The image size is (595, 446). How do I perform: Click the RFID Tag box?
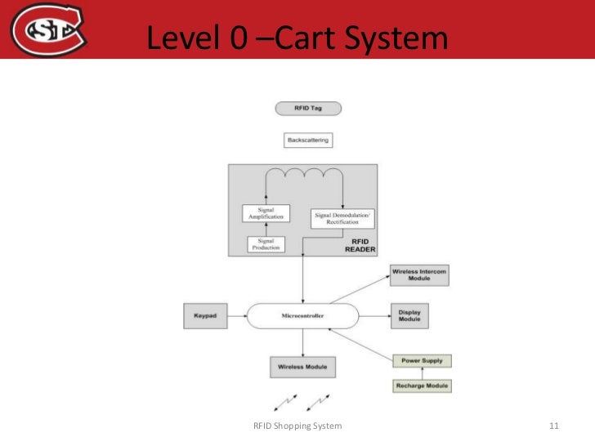click(x=307, y=109)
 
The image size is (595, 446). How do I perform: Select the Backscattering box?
click(x=308, y=140)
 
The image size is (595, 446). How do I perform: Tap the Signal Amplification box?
click(x=266, y=212)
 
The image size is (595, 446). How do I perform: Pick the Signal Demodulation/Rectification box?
click(x=342, y=218)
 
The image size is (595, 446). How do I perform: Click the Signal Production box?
click(x=266, y=244)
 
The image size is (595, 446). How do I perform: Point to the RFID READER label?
click(x=360, y=246)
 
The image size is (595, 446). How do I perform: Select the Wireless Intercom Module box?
click(x=419, y=275)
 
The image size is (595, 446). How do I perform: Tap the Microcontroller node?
click(x=302, y=315)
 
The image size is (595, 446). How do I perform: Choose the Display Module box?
click(x=409, y=315)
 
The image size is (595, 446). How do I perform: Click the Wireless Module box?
click(x=302, y=367)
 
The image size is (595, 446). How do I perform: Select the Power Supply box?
click(x=422, y=360)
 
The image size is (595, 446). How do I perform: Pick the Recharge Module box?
click(x=422, y=386)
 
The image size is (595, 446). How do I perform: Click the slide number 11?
click(x=553, y=426)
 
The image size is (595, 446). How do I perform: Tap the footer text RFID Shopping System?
click(x=297, y=426)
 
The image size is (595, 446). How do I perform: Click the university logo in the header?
click(x=48, y=29)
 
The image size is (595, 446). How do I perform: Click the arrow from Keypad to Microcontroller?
click(x=237, y=315)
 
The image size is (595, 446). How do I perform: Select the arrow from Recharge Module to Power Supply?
click(x=422, y=373)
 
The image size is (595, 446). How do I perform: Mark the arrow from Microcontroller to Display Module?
click(x=374, y=315)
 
